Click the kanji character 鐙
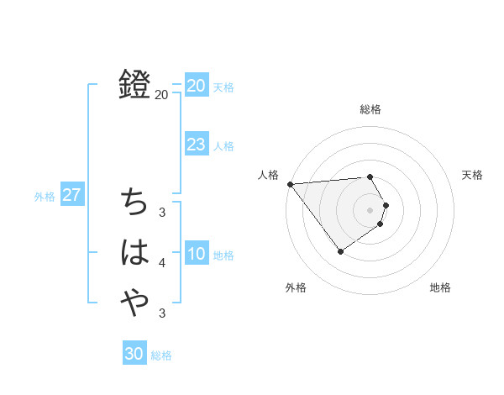click(134, 84)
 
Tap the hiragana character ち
click(134, 203)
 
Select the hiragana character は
click(134, 252)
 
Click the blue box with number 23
click(197, 145)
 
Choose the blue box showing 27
click(72, 196)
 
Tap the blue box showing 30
click(134, 354)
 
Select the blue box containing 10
click(197, 254)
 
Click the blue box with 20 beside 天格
click(197, 86)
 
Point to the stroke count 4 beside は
click(162, 263)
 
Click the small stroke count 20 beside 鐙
click(161, 95)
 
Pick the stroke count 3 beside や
click(162, 313)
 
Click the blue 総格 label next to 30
click(161, 355)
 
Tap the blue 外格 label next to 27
click(45, 197)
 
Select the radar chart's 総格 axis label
click(370, 109)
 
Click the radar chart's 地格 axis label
click(440, 287)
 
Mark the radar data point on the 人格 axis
click(290, 183)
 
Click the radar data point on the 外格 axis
click(340, 251)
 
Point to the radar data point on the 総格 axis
click(370, 176)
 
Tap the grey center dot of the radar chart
click(370, 208)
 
